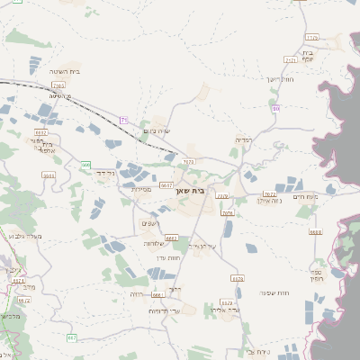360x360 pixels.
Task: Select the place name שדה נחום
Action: click(157, 131)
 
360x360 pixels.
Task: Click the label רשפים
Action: click(150, 223)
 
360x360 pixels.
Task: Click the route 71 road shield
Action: click(125, 120)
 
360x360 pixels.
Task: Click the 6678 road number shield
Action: click(237, 279)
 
